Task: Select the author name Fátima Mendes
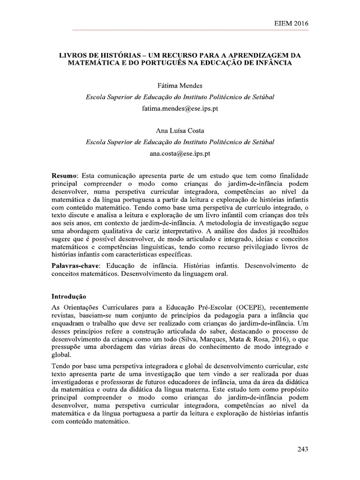[180, 85]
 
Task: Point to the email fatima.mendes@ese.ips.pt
[180, 108]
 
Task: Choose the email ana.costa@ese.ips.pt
[180, 153]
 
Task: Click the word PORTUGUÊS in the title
[181, 63]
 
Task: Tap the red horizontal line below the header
[180, 30]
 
